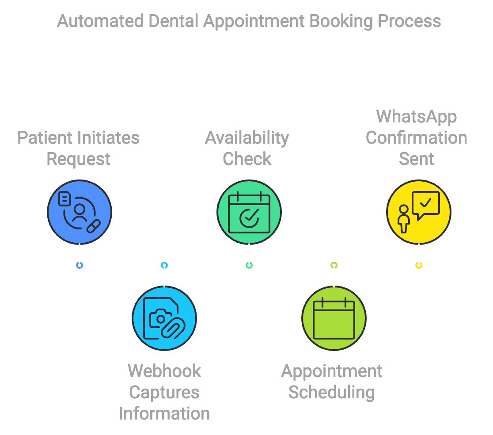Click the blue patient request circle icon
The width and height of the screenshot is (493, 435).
80,212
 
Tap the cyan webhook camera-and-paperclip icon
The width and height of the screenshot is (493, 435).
164,318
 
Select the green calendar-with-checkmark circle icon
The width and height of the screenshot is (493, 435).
249,212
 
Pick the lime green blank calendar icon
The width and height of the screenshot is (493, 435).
334,318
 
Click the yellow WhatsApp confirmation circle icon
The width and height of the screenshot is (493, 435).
419,212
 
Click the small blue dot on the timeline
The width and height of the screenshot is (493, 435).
80,265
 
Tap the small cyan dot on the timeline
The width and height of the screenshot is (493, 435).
164,265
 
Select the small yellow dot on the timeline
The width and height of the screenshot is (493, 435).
419,265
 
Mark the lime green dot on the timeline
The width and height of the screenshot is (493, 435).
334,265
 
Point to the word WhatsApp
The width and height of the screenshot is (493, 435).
416,117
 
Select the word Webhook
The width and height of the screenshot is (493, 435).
164,371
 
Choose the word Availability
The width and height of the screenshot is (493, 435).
247,138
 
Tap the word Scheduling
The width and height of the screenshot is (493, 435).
331,392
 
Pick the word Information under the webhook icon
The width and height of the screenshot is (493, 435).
164,413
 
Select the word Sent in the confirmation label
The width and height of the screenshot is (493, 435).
416,159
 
